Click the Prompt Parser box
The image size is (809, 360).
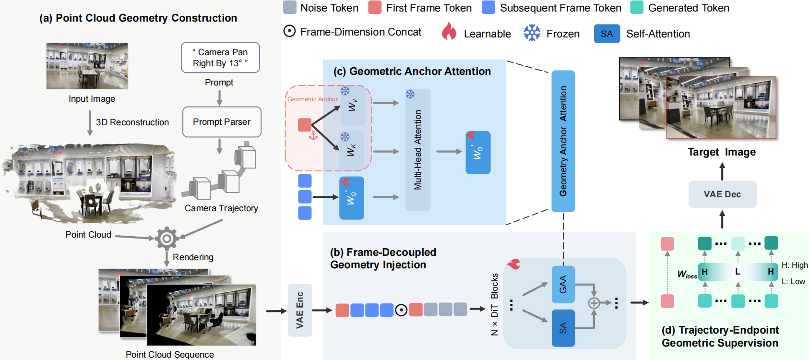pos(222,122)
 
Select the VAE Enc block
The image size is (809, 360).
pos(300,310)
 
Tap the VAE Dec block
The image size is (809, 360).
pos(722,194)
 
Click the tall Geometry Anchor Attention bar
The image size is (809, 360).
pos(563,141)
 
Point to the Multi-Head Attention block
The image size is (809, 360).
pos(417,150)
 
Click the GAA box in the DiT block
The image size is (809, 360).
pos(563,284)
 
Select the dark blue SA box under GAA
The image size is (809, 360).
pos(563,328)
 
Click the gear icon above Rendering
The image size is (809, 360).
pos(167,238)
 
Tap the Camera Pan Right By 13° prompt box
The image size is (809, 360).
pos(220,58)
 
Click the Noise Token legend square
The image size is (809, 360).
pos(290,8)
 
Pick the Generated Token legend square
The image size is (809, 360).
pos(637,8)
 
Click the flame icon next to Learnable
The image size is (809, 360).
pos(449,32)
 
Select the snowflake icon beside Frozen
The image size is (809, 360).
pos(532,33)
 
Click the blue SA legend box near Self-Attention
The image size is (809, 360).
pos(607,34)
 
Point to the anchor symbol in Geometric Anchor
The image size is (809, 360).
pos(313,135)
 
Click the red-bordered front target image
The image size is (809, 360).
pos(721,108)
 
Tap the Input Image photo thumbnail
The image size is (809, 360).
pos(87,66)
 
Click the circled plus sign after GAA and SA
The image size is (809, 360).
pos(594,303)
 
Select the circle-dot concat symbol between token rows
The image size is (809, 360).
pos(401,310)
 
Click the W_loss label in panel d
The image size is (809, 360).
pos(687,274)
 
